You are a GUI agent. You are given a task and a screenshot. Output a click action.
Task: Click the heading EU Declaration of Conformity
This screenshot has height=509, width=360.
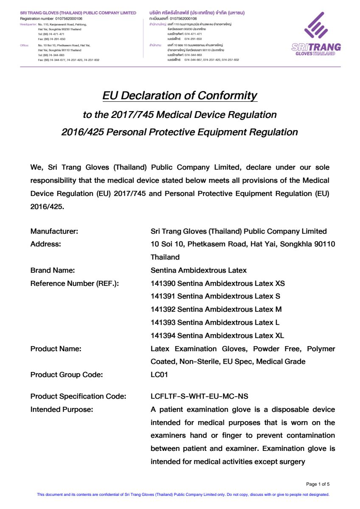point(180,95)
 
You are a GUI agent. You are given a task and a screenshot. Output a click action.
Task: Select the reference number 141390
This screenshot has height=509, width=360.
point(163,283)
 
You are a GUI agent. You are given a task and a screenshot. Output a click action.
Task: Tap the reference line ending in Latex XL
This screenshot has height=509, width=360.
point(217,336)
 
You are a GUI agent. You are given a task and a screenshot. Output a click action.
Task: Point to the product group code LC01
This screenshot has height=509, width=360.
point(160,375)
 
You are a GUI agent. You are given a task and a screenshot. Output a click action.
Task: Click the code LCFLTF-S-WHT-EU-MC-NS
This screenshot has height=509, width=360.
point(200,396)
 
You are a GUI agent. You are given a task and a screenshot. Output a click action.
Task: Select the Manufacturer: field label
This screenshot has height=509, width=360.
point(54,231)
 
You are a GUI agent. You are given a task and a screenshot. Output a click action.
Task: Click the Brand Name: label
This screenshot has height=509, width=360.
point(53,270)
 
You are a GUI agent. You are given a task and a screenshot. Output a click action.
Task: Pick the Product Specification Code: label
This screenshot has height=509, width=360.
point(79,396)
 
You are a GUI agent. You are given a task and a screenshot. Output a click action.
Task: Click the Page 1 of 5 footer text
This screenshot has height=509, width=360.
point(318,484)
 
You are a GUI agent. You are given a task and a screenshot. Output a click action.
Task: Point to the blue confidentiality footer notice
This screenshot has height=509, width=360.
point(183,494)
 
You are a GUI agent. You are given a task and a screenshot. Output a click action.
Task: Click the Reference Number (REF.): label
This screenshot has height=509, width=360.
point(74,283)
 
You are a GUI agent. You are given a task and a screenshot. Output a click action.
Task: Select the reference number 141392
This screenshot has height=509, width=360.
point(163,309)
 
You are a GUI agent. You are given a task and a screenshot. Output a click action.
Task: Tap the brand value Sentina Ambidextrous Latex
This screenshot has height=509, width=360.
point(199,270)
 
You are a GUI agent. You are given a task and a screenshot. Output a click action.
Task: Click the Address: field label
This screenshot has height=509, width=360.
point(46,244)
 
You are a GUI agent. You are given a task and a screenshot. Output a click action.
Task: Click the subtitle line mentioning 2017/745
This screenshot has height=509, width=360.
point(180,115)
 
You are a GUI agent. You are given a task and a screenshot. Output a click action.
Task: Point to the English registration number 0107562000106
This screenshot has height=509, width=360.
point(69,19)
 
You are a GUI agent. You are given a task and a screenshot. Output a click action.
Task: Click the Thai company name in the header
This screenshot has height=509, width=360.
point(197,13)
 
